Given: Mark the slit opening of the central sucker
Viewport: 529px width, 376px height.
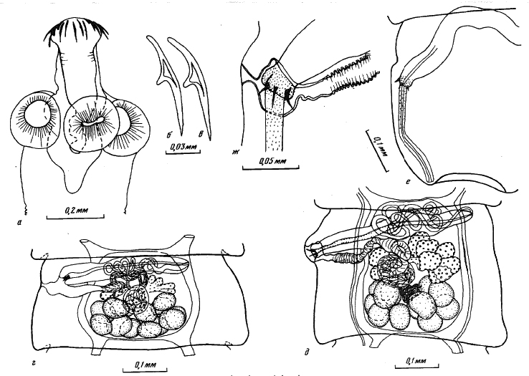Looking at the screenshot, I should pos(92,124).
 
